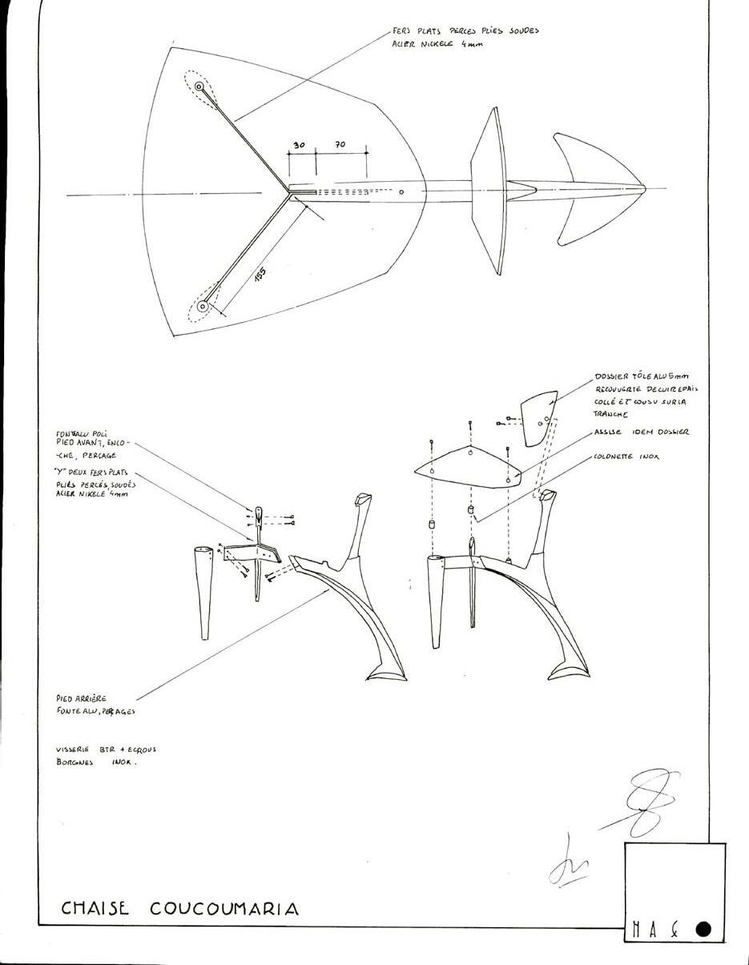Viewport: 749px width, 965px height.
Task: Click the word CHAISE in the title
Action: pyautogui.click(x=95, y=908)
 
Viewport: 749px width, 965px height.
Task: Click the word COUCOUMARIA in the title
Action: pyautogui.click(x=223, y=908)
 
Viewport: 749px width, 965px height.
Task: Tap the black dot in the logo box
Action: pyautogui.click(x=703, y=929)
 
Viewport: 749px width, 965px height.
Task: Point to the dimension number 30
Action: pyautogui.click(x=299, y=145)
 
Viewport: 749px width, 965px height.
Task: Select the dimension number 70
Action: pyautogui.click(x=340, y=145)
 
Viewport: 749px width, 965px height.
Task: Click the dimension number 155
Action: pyautogui.click(x=260, y=274)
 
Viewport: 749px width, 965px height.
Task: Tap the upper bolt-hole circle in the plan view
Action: pyautogui.click(x=199, y=86)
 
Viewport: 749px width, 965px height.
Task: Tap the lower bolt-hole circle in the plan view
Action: pyautogui.click(x=203, y=306)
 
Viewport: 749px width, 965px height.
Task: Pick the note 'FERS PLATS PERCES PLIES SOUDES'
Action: pyautogui.click(x=465, y=31)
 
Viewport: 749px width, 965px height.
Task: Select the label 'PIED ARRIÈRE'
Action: pyautogui.click(x=81, y=698)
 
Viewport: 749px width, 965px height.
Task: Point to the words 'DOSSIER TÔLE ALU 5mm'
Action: pyautogui.click(x=641, y=376)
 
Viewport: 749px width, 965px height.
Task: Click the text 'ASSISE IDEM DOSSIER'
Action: pyautogui.click(x=641, y=432)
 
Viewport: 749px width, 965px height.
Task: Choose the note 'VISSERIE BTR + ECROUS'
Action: pyautogui.click(x=106, y=750)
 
